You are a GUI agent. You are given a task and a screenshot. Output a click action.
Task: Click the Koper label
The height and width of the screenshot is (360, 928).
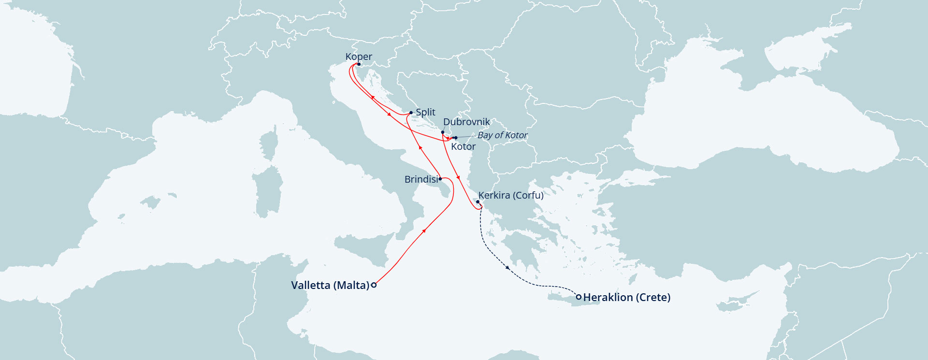pyautogui.click(x=359, y=57)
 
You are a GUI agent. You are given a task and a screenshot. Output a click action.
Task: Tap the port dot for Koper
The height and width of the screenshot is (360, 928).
pyautogui.click(x=359, y=64)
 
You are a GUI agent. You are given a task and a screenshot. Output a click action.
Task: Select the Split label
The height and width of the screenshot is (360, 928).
pyautogui.click(x=425, y=112)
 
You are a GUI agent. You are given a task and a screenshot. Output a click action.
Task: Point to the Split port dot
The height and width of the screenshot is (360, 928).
pyautogui.click(x=411, y=113)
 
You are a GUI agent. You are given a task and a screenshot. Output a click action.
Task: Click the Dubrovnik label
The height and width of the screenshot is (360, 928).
pyautogui.click(x=466, y=122)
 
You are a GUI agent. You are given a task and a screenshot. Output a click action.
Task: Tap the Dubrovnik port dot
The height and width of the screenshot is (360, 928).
pyautogui.click(x=443, y=132)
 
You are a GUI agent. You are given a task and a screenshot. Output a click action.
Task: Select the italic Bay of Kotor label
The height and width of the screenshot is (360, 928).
pyautogui.click(x=502, y=135)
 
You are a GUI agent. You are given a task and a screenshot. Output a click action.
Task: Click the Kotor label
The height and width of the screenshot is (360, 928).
pyautogui.click(x=463, y=146)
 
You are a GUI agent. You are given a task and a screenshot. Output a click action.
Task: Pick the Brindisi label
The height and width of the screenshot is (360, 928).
pyautogui.click(x=421, y=179)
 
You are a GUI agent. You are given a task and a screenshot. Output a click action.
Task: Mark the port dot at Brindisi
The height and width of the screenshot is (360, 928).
pyautogui.click(x=440, y=179)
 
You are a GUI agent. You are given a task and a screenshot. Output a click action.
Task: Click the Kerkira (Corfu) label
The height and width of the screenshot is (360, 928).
pyautogui.click(x=511, y=195)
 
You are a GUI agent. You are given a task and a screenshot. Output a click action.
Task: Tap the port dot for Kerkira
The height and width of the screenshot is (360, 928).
pyautogui.click(x=478, y=202)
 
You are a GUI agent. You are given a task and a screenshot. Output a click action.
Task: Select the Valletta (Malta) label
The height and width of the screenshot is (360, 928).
pyautogui.click(x=330, y=285)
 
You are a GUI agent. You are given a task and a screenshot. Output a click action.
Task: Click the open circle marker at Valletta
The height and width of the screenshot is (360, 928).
pyautogui.click(x=374, y=285)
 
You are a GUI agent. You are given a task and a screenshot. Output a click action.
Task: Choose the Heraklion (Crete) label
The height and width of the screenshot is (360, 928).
pyautogui.click(x=627, y=297)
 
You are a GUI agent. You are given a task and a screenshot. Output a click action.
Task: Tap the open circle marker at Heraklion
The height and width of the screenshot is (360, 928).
pyautogui.click(x=579, y=297)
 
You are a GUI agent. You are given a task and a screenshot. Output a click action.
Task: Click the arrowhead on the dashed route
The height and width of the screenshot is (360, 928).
pyautogui.click(x=507, y=267)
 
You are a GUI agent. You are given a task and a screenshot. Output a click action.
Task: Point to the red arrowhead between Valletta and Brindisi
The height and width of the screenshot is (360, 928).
pyautogui.click(x=424, y=231)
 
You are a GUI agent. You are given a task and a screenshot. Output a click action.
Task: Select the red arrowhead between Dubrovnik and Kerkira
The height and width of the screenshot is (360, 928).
pyautogui.click(x=458, y=178)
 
